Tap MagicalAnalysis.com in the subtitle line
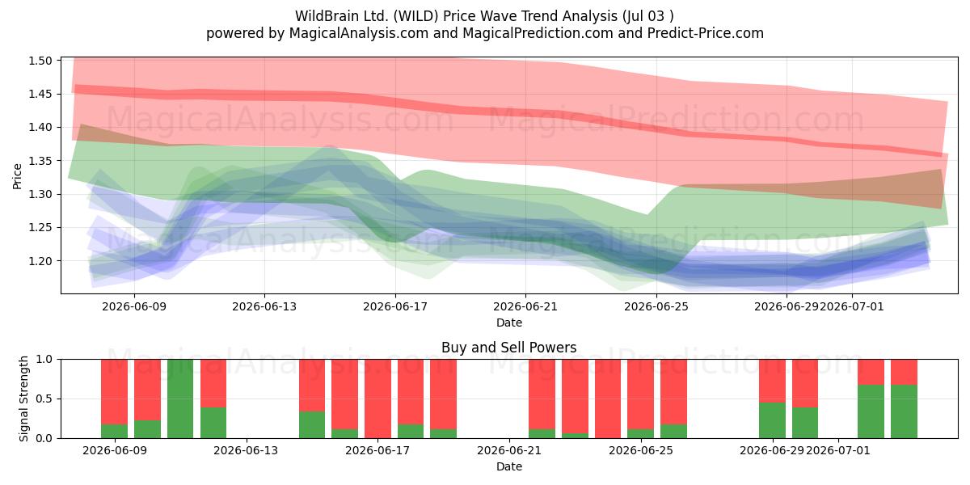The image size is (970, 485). (359, 33)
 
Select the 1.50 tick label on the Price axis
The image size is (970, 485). (40, 61)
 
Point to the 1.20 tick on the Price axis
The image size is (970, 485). (40, 261)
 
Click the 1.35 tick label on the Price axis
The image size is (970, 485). (40, 161)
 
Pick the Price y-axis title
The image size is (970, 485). (17, 176)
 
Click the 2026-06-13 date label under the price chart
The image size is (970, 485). (264, 307)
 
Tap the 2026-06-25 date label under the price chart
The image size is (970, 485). (656, 307)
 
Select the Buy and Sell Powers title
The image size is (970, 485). (508, 348)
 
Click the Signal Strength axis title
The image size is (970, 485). (23, 399)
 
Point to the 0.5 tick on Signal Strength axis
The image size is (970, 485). (44, 399)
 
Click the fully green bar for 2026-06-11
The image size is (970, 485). (180, 399)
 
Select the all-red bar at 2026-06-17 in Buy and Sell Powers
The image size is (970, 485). (378, 399)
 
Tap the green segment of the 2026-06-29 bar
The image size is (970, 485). (772, 420)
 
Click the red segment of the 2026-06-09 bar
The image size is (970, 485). (114, 392)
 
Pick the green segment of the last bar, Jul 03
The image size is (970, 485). (905, 411)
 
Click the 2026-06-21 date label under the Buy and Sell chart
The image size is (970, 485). (509, 451)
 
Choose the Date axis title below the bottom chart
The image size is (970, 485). (509, 467)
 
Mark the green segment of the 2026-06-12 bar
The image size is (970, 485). (213, 423)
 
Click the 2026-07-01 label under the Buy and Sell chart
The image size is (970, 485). (838, 451)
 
